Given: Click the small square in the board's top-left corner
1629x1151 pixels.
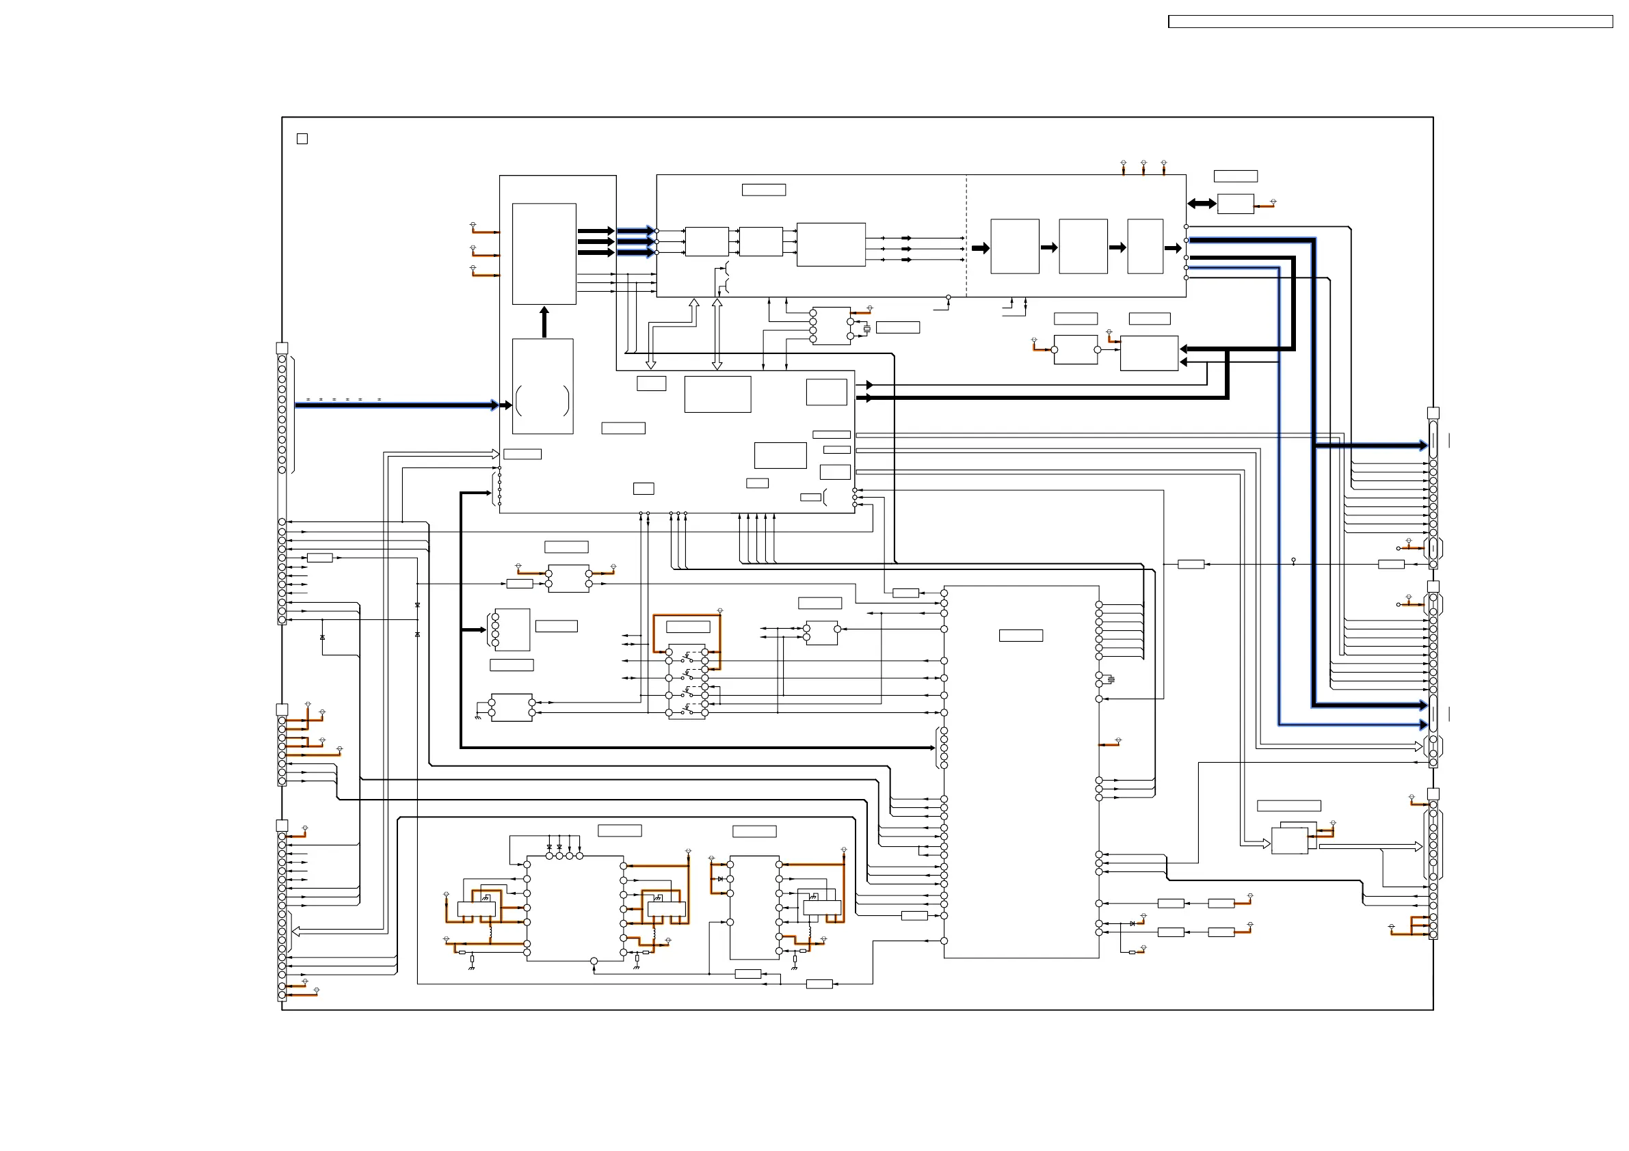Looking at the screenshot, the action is [302, 139].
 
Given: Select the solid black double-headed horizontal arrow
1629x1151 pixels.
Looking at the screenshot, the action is [1202, 204].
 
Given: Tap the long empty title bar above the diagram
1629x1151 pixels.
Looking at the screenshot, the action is [1390, 22].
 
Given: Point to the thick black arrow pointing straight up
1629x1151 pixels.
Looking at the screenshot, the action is [544, 322].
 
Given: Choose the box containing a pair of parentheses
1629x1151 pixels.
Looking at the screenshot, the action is [543, 386].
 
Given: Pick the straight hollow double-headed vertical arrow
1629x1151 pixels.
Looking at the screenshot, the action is [717, 334].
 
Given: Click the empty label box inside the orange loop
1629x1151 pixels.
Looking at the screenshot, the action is [688, 627].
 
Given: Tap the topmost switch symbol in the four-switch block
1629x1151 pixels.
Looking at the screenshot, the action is [687, 653].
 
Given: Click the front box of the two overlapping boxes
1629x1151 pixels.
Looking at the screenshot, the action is [1289, 842].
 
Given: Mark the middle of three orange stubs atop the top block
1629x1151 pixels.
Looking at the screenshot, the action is [1143, 167].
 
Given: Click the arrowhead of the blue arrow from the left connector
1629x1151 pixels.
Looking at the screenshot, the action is [494, 405].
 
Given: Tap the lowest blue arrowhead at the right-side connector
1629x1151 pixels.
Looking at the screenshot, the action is [1422, 725].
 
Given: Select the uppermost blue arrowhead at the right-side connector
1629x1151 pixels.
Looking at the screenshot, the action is [1422, 446].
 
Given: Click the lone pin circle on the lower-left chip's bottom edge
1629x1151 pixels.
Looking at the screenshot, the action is [594, 961].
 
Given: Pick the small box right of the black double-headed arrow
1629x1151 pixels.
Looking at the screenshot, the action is [1235, 204].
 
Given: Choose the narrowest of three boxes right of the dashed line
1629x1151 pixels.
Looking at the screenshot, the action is [1145, 246].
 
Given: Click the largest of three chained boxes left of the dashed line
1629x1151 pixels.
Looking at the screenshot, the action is [831, 245].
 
